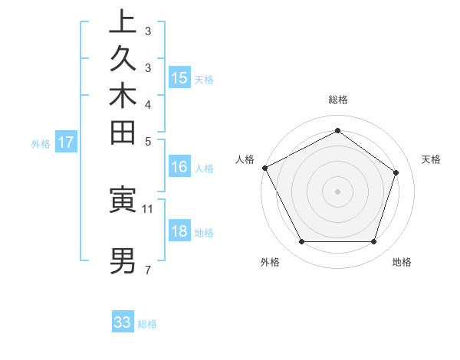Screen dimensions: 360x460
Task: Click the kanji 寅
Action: (x=123, y=199)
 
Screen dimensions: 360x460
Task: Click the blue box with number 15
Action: (x=179, y=78)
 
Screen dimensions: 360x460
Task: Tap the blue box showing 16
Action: (x=179, y=168)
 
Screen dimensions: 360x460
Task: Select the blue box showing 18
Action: (x=179, y=232)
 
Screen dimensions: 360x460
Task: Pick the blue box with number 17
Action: (x=66, y=142)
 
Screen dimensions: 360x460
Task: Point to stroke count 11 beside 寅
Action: (x=148, y=208)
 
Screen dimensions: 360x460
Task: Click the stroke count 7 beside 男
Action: (x=147, y=270)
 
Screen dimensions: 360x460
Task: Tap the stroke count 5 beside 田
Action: (x=147, y=141)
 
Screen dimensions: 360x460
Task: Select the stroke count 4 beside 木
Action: (x=147, y=104)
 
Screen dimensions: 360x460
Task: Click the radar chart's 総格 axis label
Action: (x=337, y=100)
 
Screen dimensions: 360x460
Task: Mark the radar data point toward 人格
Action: (x=264, y=168)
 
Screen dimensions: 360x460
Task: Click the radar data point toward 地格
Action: (x=373, y=242)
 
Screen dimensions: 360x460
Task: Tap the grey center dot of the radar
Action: (x=337, y=191)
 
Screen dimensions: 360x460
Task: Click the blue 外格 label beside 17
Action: (x=41, y=142)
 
